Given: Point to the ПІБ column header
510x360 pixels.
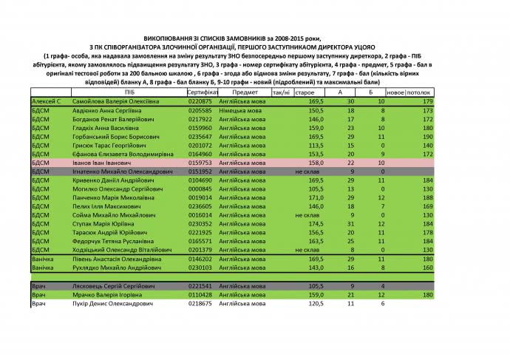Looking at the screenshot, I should pyautogui.click(x=129, y=92).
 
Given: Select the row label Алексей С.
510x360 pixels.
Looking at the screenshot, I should pyautogui.click(x=46, y=101).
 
